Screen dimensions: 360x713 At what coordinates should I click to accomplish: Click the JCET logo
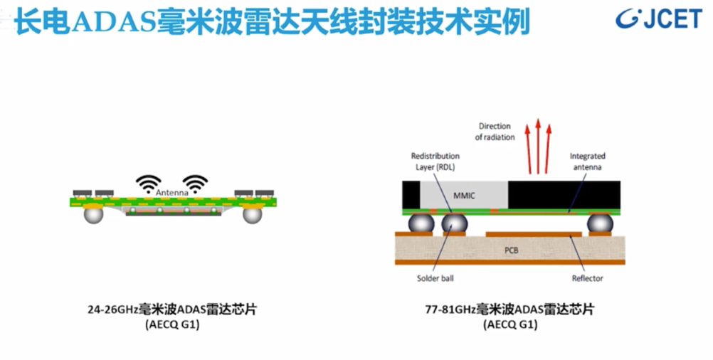tap(658, 19)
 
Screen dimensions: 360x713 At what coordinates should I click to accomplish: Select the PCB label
tap(511, 250)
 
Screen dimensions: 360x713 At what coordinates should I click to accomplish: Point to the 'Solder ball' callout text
tap(435, 278)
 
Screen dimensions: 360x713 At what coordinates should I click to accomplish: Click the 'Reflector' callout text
tap(588, 278)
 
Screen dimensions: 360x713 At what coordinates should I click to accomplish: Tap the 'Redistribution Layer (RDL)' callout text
tap(435, 161)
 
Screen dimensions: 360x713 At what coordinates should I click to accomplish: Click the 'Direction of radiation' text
tap(495, 132)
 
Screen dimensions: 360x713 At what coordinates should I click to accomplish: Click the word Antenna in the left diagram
tap(174, 193)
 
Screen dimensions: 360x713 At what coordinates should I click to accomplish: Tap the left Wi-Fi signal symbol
tap(149, 183)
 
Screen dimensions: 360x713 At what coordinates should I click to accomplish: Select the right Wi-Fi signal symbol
tap(195, 183)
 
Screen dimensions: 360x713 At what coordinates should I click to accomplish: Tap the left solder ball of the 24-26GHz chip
tap(93, 213)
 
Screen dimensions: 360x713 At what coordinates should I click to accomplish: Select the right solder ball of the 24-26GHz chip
tap(253, 213)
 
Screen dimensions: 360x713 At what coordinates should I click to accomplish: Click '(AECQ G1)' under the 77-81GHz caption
tap(509, 325)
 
